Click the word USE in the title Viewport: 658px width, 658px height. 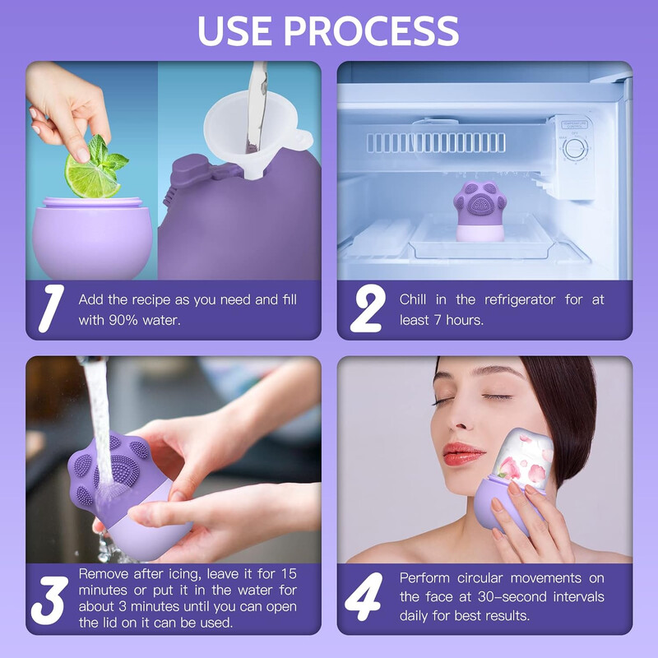pyautogui.click(x=236, y=30)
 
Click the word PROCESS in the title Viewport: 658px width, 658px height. pyautogui.click(x=372, y=30)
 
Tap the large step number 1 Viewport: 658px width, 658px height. pyautogui.click(x=51, y=308)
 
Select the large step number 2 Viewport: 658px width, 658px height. pyautogui.click(x=368, y=308)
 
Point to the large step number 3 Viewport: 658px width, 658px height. pyautogui.click(x=49, y=600)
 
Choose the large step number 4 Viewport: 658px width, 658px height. pyautogui.click(x=364, y=596)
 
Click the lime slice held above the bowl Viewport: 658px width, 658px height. pyautogui.click(x=91, y=175)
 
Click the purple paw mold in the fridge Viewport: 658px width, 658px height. pyautogui.click(x=480, y=211)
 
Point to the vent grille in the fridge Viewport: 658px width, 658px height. pyautogui.click(x=436, y=142)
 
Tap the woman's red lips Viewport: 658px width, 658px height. pyautogui.click(x=462, y=454)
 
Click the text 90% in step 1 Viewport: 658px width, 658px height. pyautogui.click(x=123, y=321)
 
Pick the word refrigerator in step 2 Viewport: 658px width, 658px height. pyautogui.click(x=520, y=299)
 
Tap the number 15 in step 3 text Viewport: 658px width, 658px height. pyautogui.click(x=289, y=573)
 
